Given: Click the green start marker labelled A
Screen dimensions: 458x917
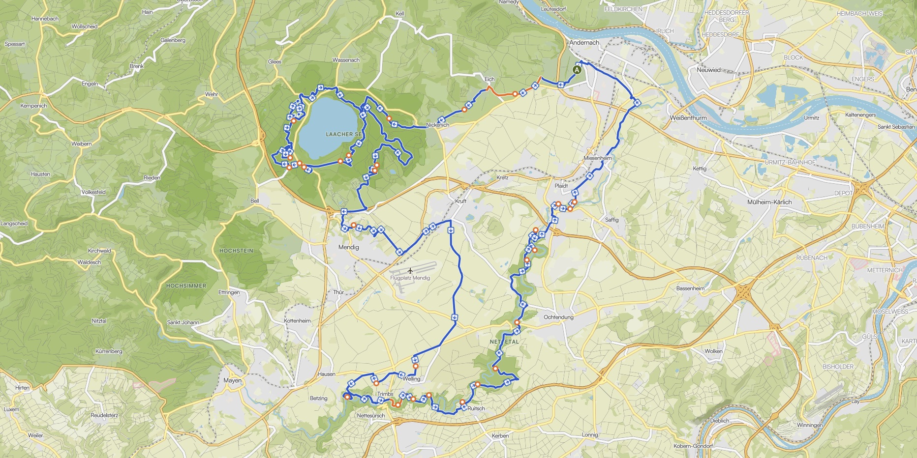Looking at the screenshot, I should coord(578,70).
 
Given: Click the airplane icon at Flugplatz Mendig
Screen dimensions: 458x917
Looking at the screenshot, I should coord(410,270).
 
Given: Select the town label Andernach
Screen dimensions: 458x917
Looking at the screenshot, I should coord(584,43).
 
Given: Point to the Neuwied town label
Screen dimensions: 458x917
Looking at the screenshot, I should coord(708,70).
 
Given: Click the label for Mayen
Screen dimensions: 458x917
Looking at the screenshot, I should coord(232,380).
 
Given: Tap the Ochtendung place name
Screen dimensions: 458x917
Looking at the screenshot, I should coord(558,317).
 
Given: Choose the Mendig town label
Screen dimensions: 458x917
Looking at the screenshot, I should coord(348,247).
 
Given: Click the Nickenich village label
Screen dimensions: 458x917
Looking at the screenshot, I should coord(437,125).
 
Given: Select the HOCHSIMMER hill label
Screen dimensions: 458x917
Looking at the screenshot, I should coord(186,286).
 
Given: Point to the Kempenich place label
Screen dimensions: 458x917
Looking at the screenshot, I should coord(33,106).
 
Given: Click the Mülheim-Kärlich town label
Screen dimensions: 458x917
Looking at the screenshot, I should coord(769,202).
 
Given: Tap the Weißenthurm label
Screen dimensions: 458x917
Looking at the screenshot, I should coord(688,118).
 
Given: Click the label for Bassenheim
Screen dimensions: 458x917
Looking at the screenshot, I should coord(690,288).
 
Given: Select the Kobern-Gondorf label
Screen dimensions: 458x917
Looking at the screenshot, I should coord(694,446).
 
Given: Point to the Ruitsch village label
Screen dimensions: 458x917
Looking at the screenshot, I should coord(476,408).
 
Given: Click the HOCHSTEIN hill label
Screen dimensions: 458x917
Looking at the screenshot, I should coord(237,251).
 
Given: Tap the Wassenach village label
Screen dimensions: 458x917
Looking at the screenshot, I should coord(346,60).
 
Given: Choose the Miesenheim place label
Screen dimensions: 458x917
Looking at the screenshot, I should coord(597,158).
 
